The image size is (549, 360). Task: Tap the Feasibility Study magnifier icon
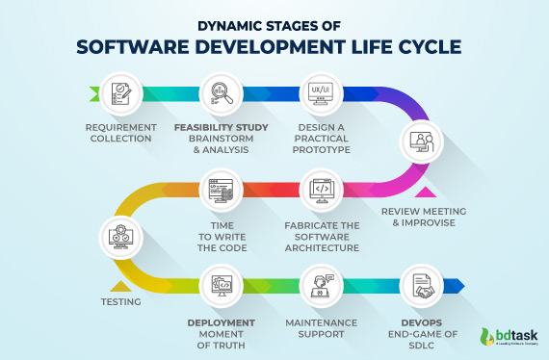click(221, 93)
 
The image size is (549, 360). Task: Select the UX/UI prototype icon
click(321, 93)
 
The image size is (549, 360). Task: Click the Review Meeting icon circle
click(421, 143)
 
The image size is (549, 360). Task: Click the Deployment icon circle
click(221, 285)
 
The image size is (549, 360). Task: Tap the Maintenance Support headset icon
click(321, 285)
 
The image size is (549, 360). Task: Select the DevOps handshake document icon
click(421, 285)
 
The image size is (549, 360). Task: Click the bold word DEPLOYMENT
click(221, 322)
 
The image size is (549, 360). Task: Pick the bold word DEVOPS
click(420, 322)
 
